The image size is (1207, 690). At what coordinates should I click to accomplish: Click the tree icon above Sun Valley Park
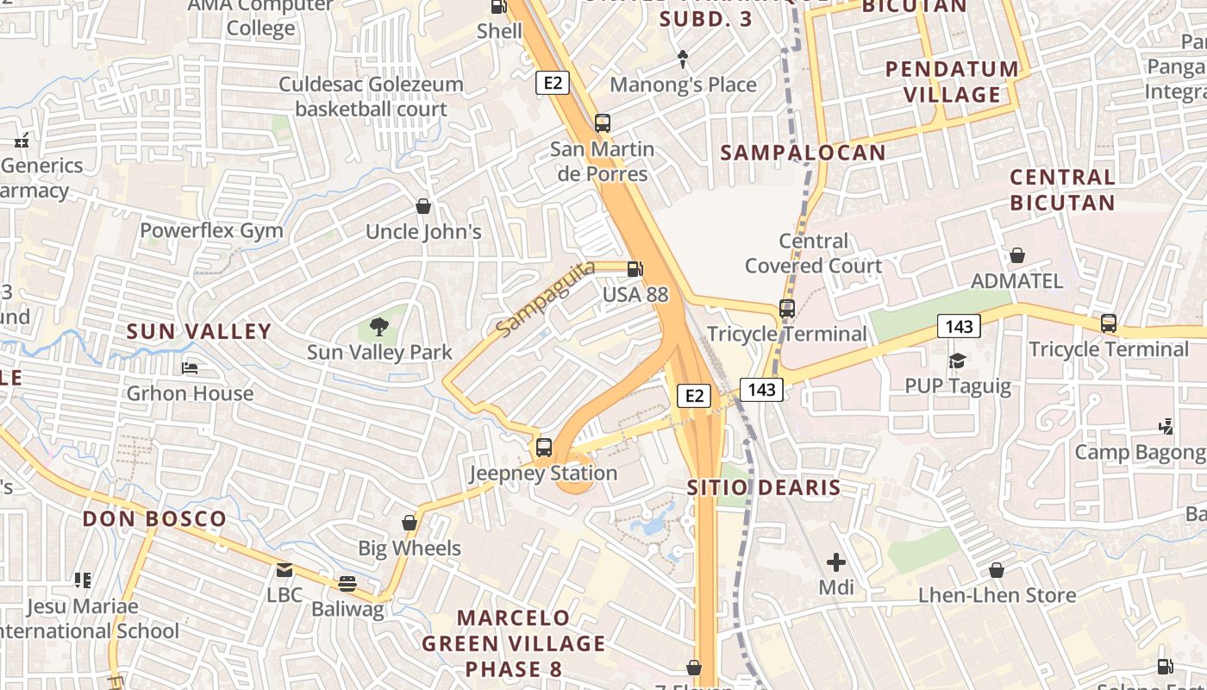378,327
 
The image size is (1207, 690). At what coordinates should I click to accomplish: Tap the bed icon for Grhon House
190,368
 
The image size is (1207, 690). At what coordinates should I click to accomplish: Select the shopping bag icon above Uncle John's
423,206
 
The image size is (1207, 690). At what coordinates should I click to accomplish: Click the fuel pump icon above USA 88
635,269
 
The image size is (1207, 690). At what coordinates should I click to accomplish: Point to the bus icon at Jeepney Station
543,448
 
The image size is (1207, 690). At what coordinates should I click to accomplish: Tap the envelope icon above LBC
284,570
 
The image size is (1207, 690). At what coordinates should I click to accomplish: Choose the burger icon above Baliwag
347,584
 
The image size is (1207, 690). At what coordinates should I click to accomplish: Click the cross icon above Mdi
835,563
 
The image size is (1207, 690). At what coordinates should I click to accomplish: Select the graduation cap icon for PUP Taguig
957,361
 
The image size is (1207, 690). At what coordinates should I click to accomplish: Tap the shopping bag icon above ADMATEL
1017,255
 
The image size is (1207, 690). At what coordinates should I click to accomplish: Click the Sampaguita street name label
546,298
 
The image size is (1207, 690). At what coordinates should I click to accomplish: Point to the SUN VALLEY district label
199,331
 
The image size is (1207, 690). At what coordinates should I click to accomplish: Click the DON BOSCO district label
154,519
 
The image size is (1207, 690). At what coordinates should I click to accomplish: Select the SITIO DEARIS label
763,487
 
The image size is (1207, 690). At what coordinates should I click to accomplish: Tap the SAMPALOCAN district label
803,153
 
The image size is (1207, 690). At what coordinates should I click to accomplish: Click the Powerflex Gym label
211,230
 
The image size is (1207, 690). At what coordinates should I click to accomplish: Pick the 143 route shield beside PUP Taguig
959,326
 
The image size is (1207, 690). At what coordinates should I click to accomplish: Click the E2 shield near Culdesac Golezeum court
553,83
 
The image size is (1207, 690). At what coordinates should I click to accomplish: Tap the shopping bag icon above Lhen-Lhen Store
997,570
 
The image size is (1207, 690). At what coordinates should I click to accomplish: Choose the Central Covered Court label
814,254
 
